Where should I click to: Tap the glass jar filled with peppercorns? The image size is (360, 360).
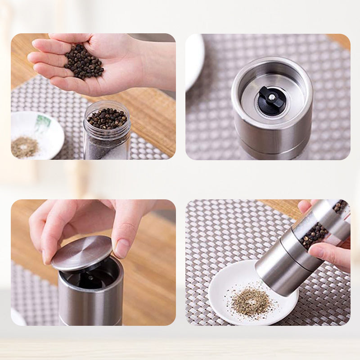pyautogui.click(x=107, y=130)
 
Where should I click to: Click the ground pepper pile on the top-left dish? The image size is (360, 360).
pyautogui.click(x=25, y=147)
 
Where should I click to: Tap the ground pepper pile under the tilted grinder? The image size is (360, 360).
pyautogui.click(x=252, y=303)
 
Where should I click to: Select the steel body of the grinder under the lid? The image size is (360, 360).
pyautogui.click(x=90, y=301)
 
